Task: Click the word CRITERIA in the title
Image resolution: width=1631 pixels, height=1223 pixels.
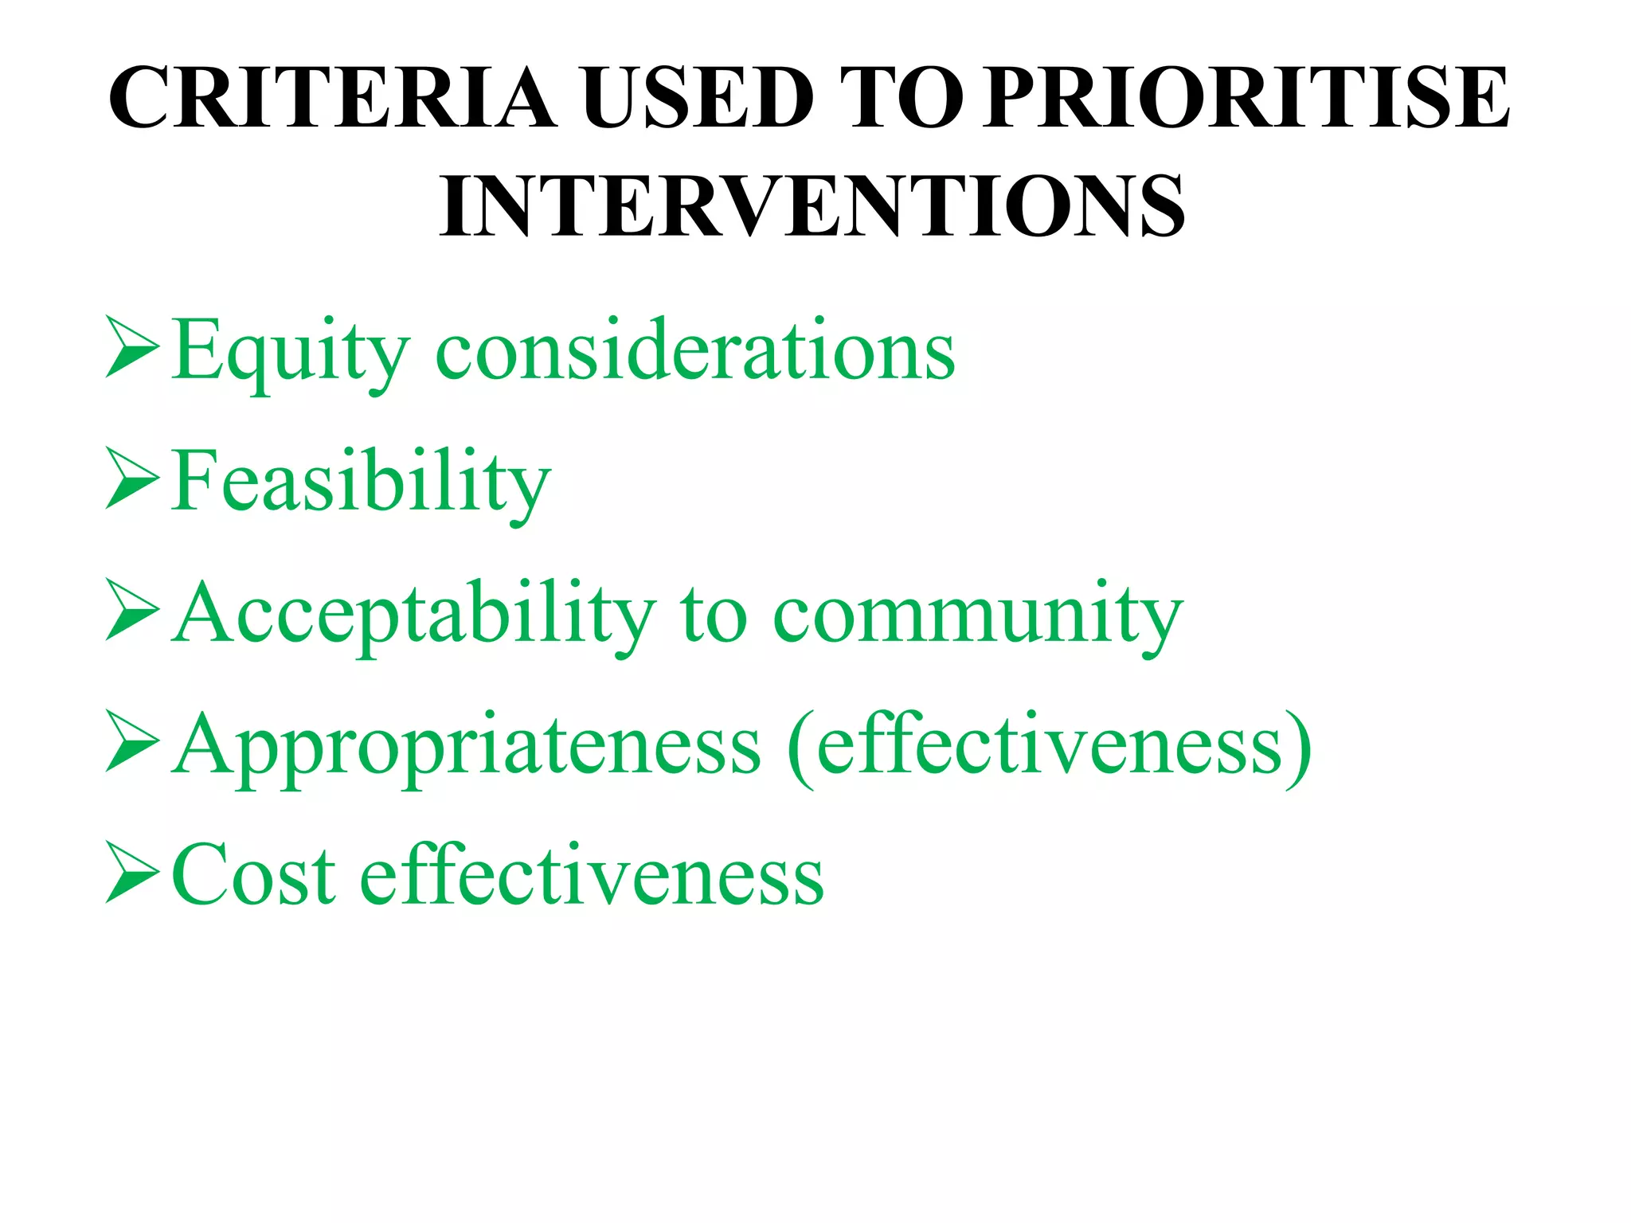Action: pyautogui.click(x=332, y=98)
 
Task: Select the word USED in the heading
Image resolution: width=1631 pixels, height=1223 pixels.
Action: pyautogui.click(x=698, y=98)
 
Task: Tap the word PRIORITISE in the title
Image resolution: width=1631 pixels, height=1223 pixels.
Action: pyautogui.click(x=1245, y=98)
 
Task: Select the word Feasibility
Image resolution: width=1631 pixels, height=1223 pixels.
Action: pyautogui.click(x=361, y=483)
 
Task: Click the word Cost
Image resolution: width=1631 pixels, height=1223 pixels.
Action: pyautogui.click(x=253, y=876)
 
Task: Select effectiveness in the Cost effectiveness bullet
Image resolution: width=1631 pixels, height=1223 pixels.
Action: pyautogui.click(x=593, y=876)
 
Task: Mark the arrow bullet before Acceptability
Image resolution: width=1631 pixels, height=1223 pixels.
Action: pyautogui.click(x=132, y=610)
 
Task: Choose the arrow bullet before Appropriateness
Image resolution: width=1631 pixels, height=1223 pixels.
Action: pyautogui.click(x=132, y=742)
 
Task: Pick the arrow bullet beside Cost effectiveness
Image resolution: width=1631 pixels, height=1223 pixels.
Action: pyautogui.click(x=132, y=873)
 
